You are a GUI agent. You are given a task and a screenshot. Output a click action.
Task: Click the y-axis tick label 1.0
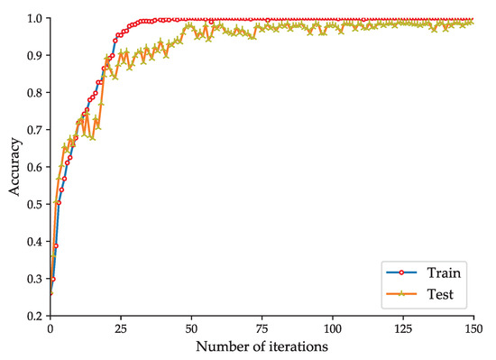tap(34, 18)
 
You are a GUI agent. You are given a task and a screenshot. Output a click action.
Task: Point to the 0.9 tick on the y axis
tap(34, 56)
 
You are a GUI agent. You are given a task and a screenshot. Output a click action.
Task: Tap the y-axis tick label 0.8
tap(34, 93)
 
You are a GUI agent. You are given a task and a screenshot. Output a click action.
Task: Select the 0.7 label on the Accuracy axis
tap(34, 130)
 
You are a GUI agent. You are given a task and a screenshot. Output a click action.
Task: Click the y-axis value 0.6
tap(34, 167)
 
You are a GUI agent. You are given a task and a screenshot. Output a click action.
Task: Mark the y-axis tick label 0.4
tap(34, 242)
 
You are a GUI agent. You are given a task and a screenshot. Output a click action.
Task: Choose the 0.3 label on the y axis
tap(34, 279)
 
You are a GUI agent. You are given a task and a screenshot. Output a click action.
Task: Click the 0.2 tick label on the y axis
tap(34, 316)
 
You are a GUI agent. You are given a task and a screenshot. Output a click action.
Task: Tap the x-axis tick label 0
tap(50, 330)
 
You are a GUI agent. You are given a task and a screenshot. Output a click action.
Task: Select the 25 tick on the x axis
tap(121, 330)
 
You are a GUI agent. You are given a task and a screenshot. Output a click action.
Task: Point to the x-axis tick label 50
tap(192, 330)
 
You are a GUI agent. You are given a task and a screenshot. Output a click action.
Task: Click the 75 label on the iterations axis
tap(263, 330)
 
